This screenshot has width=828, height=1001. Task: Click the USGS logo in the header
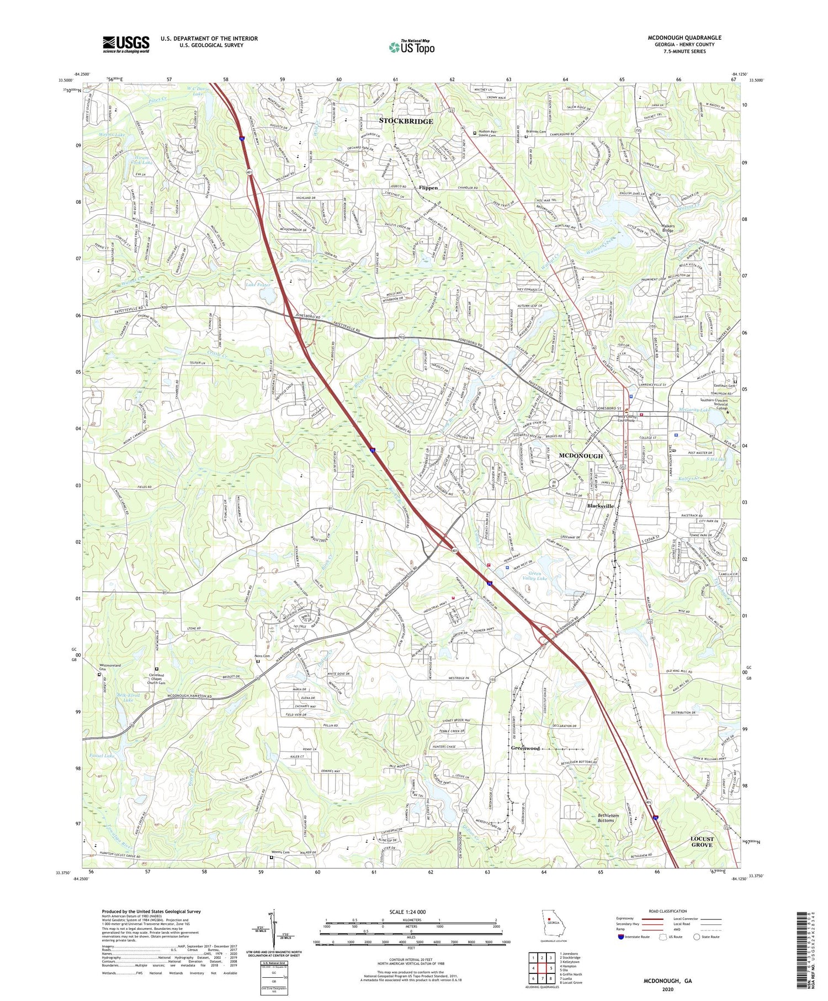tap(126, 44)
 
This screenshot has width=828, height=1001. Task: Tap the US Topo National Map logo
tap(411, 47)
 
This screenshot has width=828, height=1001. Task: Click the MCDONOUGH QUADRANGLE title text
tap(684, 38)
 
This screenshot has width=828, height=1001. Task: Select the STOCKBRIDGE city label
tap(406, 121)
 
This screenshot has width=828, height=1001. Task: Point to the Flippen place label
tap(428, 188)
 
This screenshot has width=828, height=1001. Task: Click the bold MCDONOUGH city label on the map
tap(581, 456)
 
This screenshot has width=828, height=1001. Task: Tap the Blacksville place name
tap(600, 506)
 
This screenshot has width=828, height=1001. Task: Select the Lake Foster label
tap(258, 285)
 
